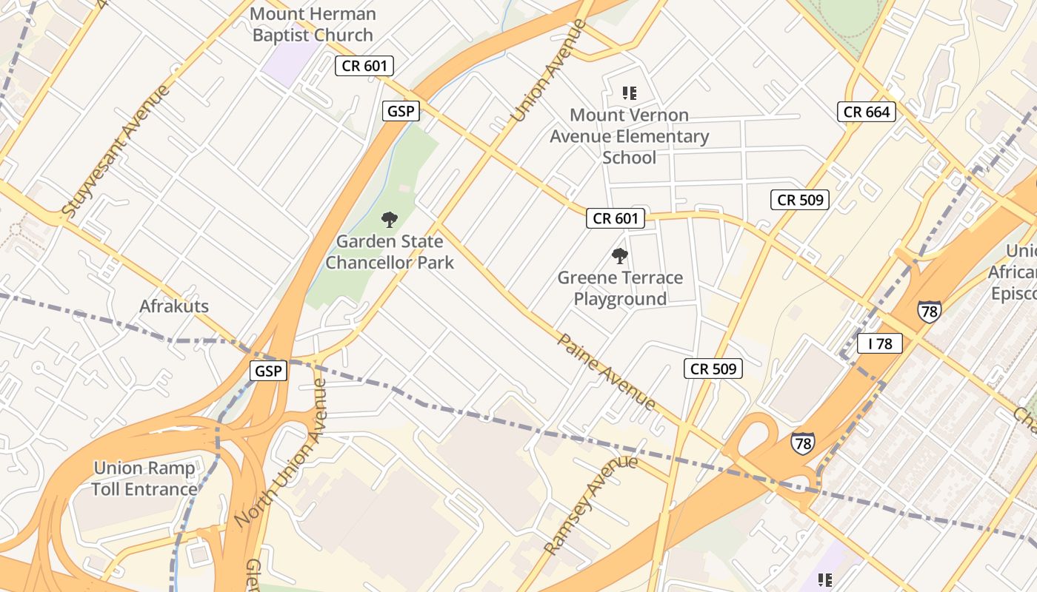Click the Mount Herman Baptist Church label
point(313,24)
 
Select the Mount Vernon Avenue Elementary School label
point(629,136)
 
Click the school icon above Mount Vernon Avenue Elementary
point(629,93)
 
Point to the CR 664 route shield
point(867,112)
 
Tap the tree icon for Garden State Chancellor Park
point(389,220)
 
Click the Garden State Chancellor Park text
point(390,252)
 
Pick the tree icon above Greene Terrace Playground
point(619,257)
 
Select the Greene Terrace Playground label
point(620,288)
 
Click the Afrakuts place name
point(174,306)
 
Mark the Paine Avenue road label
point(606,371)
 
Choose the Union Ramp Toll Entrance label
point(144,478)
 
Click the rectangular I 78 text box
point(880,343)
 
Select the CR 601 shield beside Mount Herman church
point(364,66)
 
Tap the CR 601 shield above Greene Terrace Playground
point(615,218)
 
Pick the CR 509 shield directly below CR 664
point(799,200)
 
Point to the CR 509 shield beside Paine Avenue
point(713,369)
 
